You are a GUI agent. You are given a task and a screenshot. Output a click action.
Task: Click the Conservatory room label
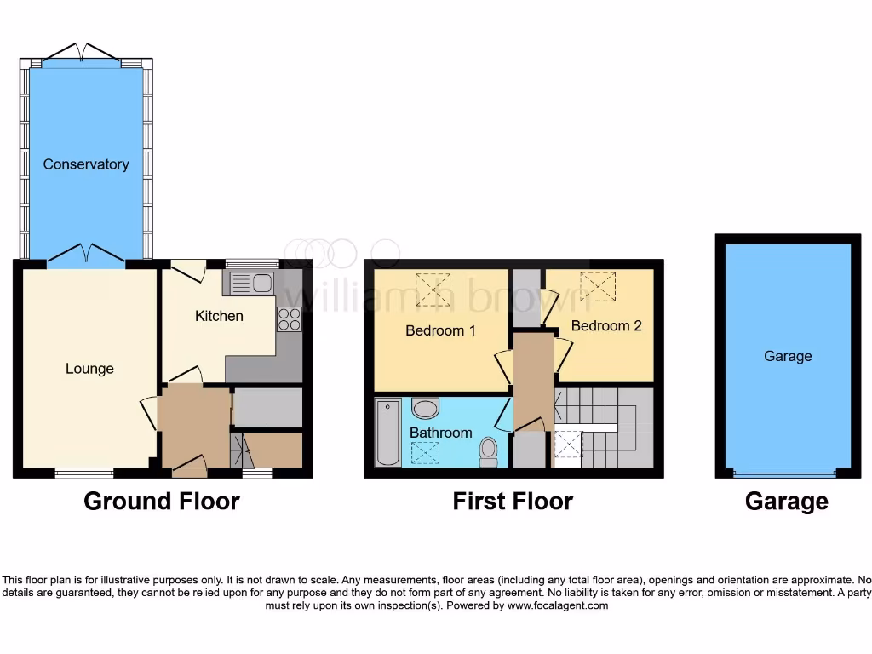pos(86,164)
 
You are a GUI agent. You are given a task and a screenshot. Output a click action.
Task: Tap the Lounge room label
pos(89,369)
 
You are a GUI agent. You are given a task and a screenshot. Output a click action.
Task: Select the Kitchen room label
pos(219,316)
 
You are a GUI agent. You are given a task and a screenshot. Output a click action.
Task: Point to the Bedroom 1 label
pos(440,330)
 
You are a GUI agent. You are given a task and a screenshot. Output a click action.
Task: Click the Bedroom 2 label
pos(606,326)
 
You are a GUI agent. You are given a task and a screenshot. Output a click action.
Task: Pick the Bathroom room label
pos(440,433)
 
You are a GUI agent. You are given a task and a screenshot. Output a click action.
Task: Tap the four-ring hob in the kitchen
pos(289,319)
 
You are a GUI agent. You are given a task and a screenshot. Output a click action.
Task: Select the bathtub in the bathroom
pos(388,433)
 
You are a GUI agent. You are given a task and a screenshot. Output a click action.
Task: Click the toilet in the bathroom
pos(489,451)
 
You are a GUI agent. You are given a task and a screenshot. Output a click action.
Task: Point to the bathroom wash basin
pos(425,409)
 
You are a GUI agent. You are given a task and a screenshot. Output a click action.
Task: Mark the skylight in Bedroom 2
pos(598,286)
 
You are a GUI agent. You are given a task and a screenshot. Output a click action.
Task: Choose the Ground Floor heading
pos(161,502)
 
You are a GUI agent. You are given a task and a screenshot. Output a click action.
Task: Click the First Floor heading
pos(513,502)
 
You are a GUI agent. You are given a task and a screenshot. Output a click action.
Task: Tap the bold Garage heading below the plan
pos(786,502)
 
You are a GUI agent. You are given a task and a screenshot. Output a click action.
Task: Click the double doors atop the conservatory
pos(83,54)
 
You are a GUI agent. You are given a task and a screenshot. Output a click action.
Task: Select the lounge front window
pos(84,473)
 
